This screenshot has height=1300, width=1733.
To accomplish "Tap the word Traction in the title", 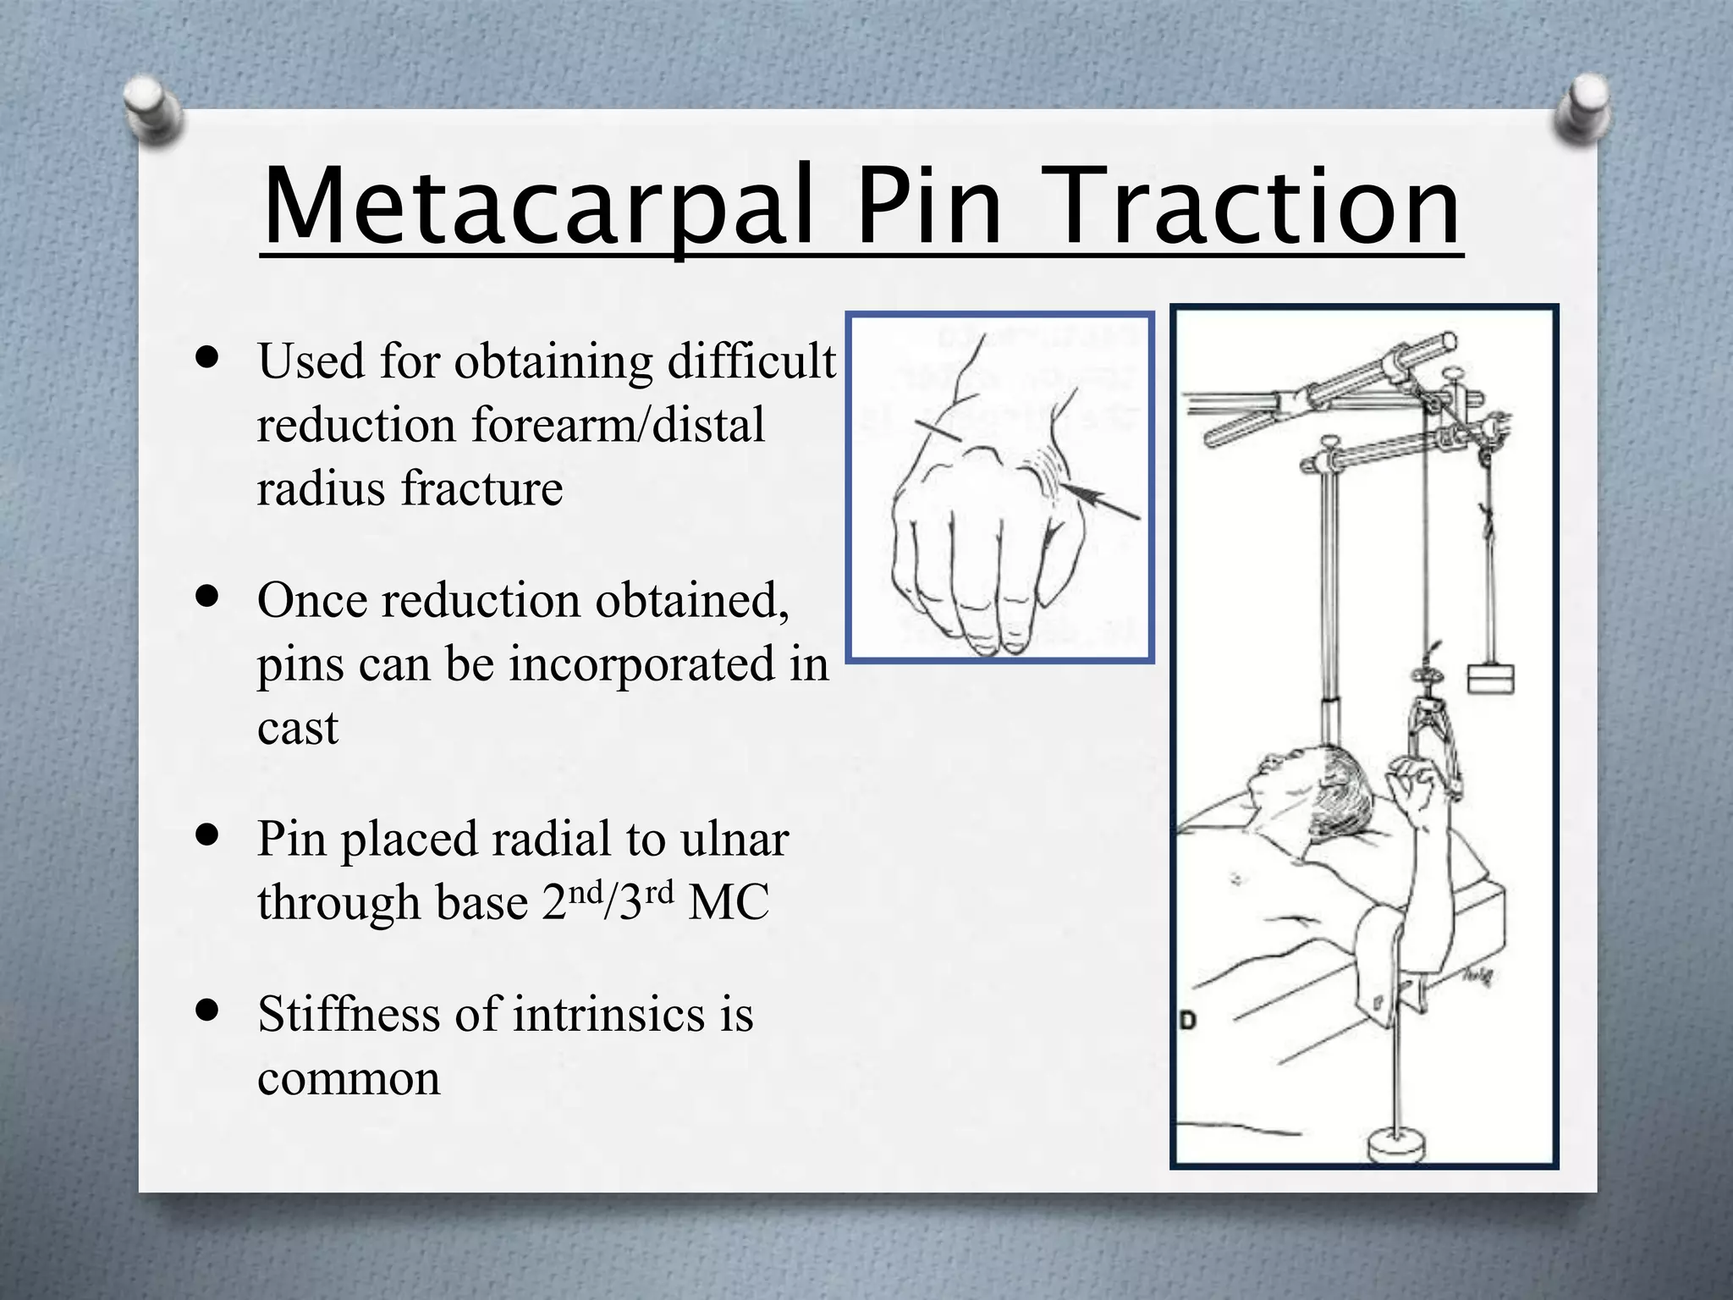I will click(1261, 207).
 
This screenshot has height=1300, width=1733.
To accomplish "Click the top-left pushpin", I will click(153, 108).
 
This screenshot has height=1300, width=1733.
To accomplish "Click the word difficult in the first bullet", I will click(751, 362).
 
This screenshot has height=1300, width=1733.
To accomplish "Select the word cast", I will click(297, 728).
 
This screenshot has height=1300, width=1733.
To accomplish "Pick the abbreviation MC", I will click(729, 903).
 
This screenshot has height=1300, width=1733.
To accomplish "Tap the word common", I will click(349, 1078).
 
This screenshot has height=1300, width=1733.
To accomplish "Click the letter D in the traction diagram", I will click(1188, 1021).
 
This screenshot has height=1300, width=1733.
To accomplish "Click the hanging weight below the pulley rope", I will click(1490, 679).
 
